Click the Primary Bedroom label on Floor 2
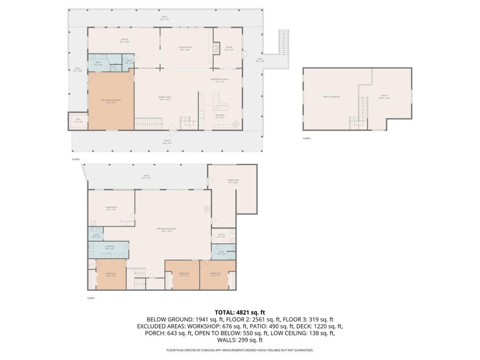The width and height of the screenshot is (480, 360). (x=111, y=101)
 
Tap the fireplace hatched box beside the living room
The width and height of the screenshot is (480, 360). (x=216, y=49)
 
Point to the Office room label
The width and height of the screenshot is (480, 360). (x=124, y=41)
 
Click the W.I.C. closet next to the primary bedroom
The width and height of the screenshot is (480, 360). (x=78, y=121)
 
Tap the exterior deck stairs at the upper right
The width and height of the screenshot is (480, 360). (x=284, y=42)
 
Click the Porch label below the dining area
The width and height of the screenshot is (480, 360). (x=167, y=142)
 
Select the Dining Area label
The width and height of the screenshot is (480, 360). (x=164, y=97)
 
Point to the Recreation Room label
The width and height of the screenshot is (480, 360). (x=166, y=229)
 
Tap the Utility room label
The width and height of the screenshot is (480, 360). (x=221, y=235)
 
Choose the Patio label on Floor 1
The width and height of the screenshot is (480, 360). (x=145, y=177)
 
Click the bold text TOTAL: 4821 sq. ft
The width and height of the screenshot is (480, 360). (x=239, y=312)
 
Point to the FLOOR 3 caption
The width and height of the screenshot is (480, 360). (x=306, y=138)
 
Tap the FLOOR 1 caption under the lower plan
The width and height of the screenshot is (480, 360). (x=91, y=298)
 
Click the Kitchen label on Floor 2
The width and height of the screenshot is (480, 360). (x=219, y=116)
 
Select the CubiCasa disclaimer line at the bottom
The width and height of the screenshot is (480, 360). (x=239, y=350)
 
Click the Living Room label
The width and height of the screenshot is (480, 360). (x=185, y=49)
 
